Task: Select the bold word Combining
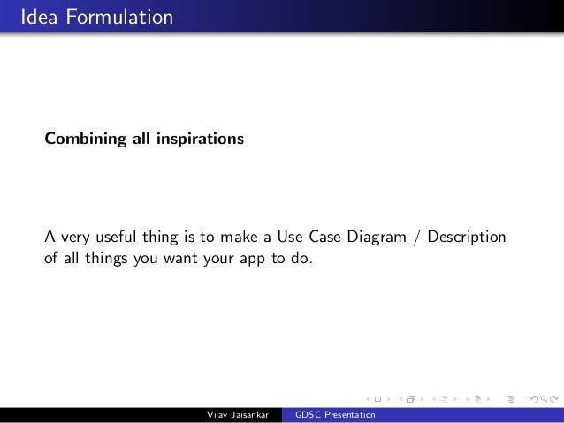pyautogui.click(x=82, y=140)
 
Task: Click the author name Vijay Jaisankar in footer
pyautogui.click(x=236, y=415)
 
